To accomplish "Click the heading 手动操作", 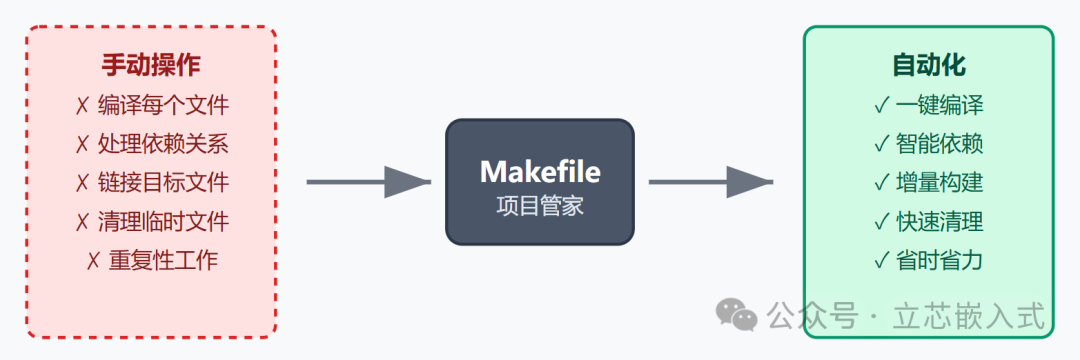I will [x=151, y=66].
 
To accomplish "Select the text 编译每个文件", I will [x=163, y=105].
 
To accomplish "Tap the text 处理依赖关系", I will [x=163, y=144].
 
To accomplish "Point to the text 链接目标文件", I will [x=163, y=183].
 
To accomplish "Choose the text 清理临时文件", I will [x=163, y=222].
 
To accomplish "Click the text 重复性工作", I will [x=163, y=261].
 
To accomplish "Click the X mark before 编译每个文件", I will [x=82, y=105].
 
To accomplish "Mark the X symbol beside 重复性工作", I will [x=93, y=261].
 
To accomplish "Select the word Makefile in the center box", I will [x=540, y=172].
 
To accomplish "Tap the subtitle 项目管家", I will [x=540, y=207].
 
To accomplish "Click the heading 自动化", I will [x=929, y=66].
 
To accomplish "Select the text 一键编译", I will [x=939, y=105].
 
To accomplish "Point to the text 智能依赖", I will [x=939, y=144].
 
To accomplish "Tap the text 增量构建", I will [x=939, y=183].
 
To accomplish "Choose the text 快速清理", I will [x=939, y=222].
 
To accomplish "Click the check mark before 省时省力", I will [x=881, y=261].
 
